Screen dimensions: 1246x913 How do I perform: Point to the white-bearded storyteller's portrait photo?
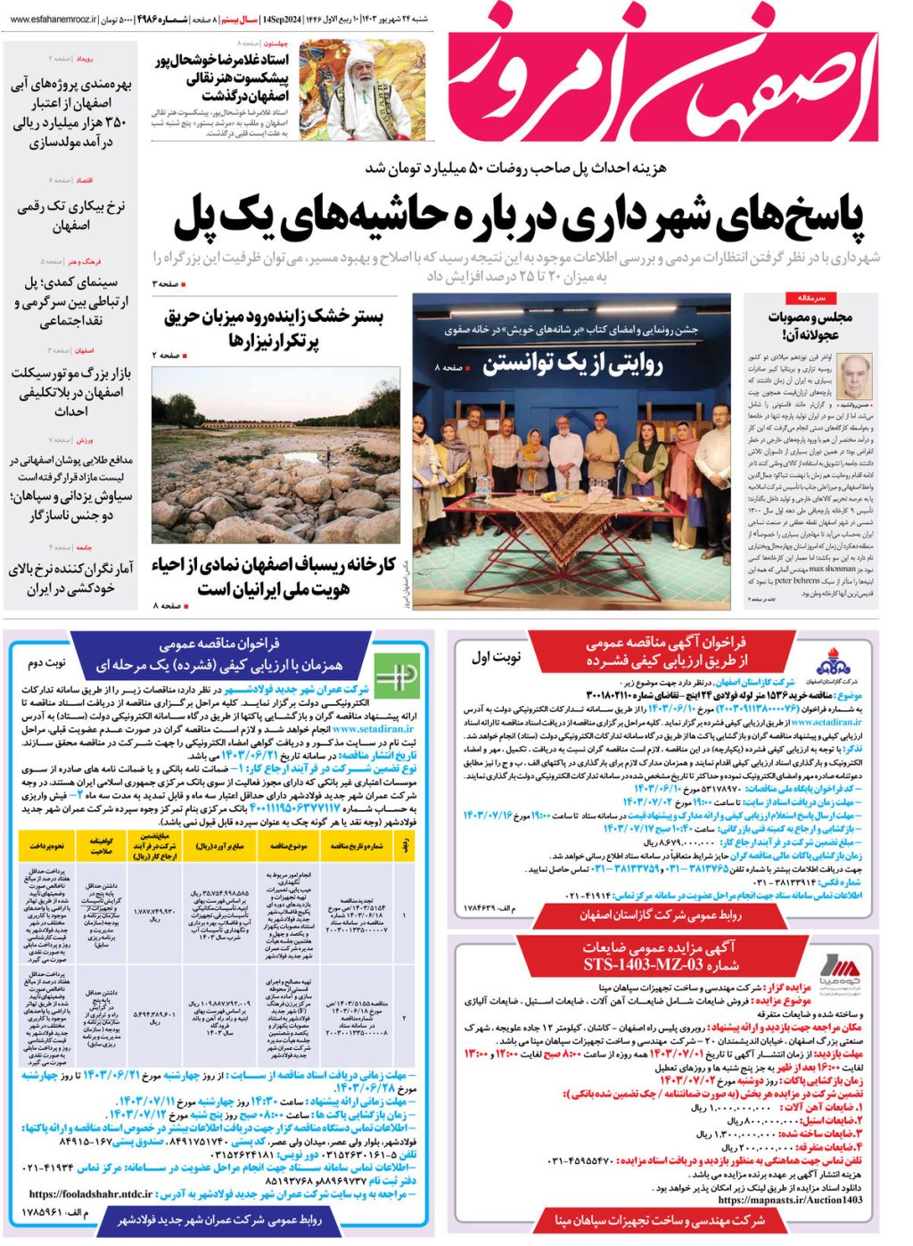[362, 89]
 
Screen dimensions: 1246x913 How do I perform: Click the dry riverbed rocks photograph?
[276, 455]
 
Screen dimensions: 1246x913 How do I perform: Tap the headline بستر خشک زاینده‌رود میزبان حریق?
[273, 328]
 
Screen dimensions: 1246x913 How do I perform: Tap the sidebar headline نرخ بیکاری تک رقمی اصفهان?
[71, 216]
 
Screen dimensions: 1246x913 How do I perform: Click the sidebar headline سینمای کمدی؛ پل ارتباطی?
[71, 301]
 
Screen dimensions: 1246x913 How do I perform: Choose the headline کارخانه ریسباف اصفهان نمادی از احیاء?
[273, 577]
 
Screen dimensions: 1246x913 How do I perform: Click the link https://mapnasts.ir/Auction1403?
[790, 1200]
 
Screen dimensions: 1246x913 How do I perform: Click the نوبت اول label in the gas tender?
[496, 658]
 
